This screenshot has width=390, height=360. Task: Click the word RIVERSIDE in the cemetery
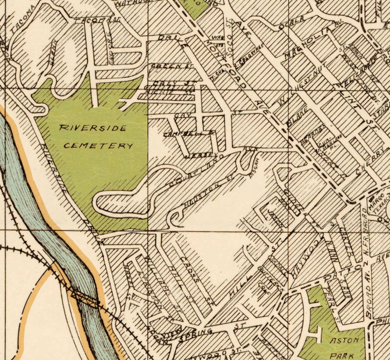(x=93, y=128)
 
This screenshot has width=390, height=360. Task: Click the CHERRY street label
(x=369, y=166)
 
